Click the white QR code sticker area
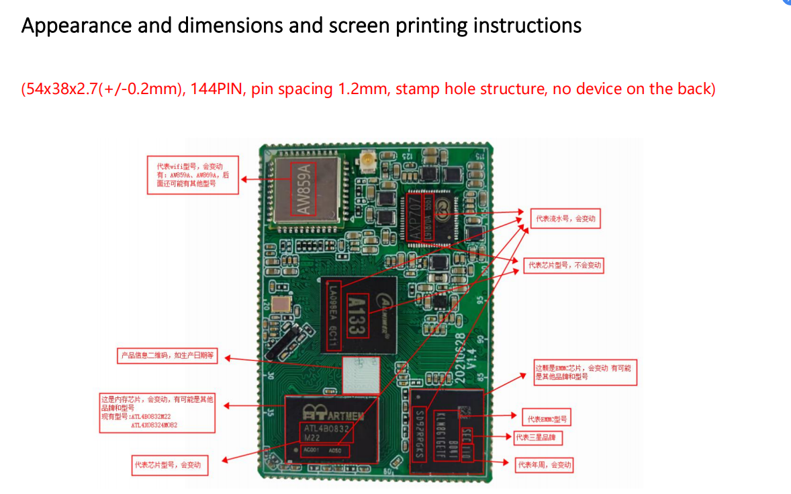point(361,374)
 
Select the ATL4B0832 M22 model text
point(327,431)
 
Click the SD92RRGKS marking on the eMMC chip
point(420,434)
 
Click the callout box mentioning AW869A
point(193,175)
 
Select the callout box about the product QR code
point(166,356)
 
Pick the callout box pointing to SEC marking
point(538,438)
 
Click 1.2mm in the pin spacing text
point(363,89)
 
